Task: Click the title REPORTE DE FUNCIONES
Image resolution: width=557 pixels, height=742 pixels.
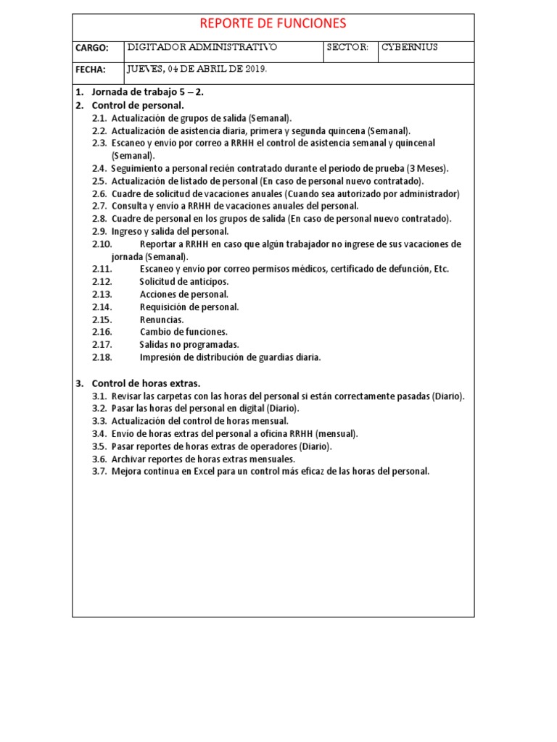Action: click(x=273, y=24)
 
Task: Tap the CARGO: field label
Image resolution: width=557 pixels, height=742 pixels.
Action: click(x=92, y=49)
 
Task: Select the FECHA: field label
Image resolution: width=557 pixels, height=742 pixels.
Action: click(x=91, y=70)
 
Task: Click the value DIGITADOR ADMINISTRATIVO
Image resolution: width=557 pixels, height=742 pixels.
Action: click(x=202, y=48)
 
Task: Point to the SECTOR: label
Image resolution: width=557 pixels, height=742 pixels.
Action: click(x=348, y=48)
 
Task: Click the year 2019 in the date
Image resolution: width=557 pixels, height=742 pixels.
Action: click(x=255, y=70)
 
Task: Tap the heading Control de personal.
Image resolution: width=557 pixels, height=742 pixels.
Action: click(x=138, y=105)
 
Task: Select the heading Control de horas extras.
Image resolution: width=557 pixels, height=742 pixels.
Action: click(x=146, y=383)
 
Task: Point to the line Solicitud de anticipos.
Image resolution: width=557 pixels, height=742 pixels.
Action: click(x=184, y=281)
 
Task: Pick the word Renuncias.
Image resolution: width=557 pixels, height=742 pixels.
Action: click(x=162, y=320)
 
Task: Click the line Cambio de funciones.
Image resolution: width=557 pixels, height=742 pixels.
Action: click(x=183, y=332)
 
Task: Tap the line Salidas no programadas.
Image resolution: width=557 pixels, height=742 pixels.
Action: click(x=189, y=344)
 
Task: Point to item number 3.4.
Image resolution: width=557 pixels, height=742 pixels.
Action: click(x=99, y=433)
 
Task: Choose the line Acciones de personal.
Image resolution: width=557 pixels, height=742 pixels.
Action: click(x=184, y=294)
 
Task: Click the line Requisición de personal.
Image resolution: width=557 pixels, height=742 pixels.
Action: click(x=189, y=307)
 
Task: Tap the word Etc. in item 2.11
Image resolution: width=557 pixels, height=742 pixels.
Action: click(x=441, y=269)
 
